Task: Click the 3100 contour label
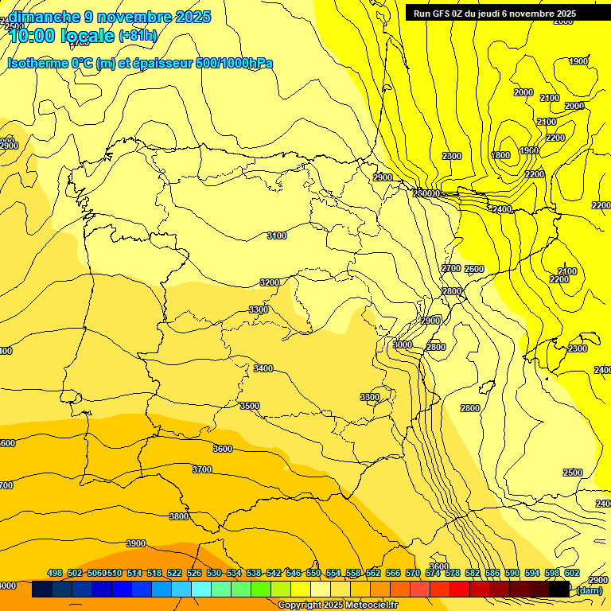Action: coord(277,235)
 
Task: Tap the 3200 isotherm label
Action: coord(270,282)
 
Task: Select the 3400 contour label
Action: coord(263,368)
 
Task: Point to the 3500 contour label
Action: coord(250,406)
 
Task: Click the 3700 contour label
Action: coord(202,469)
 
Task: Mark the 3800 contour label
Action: coord(179,516)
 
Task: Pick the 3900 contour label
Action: coord(136,543)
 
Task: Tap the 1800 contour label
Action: coord(501,155)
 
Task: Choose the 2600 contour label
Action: coord(474,269)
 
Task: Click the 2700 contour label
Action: coord(451,268)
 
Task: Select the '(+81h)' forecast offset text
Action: coord(138,36)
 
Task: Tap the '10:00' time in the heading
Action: coord(33,36)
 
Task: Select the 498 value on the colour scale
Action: coord(55,573)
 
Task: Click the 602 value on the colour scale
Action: coord(572,573)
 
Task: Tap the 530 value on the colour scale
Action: coord(214,573)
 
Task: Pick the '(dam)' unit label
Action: coord(589,590)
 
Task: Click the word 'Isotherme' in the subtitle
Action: coord(37,63)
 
